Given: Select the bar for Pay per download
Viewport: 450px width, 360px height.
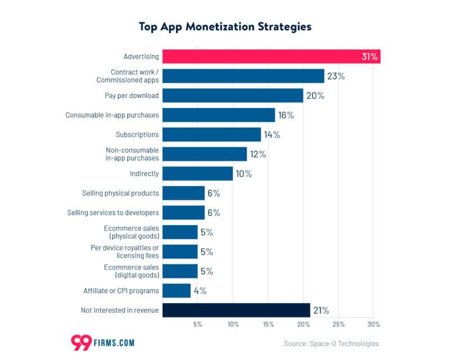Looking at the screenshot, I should point(233,96).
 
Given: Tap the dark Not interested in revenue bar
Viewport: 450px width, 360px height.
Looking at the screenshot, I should point(236,310).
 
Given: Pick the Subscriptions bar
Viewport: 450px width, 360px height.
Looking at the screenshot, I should point(211,134).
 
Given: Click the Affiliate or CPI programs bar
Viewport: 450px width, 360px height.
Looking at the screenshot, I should point(177,291).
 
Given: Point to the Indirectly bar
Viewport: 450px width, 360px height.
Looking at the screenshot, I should point(197,174).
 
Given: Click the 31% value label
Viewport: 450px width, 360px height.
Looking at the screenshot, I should point(370,57).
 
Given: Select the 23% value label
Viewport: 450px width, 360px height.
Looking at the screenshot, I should point(335,76).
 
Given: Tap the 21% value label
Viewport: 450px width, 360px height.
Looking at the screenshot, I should point(321,310).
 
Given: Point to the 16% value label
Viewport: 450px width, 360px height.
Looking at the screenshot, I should point(286,115).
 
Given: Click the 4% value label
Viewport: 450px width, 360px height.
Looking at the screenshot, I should point(200,291).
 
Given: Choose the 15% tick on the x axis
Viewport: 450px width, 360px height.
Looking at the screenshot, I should point(268,325).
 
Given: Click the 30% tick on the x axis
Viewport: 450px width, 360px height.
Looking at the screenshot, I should point(373,325).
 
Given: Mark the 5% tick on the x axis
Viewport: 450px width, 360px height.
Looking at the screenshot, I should point(197,325).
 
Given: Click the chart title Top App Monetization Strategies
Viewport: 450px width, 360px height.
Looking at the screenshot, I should point(225,26).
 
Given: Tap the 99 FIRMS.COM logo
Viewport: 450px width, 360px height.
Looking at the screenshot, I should point(103,342).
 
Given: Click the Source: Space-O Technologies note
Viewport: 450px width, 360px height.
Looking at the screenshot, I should point(331,343).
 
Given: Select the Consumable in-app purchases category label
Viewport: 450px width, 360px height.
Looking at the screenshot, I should point(112,115).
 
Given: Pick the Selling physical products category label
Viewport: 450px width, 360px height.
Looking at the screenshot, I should point(120,193).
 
